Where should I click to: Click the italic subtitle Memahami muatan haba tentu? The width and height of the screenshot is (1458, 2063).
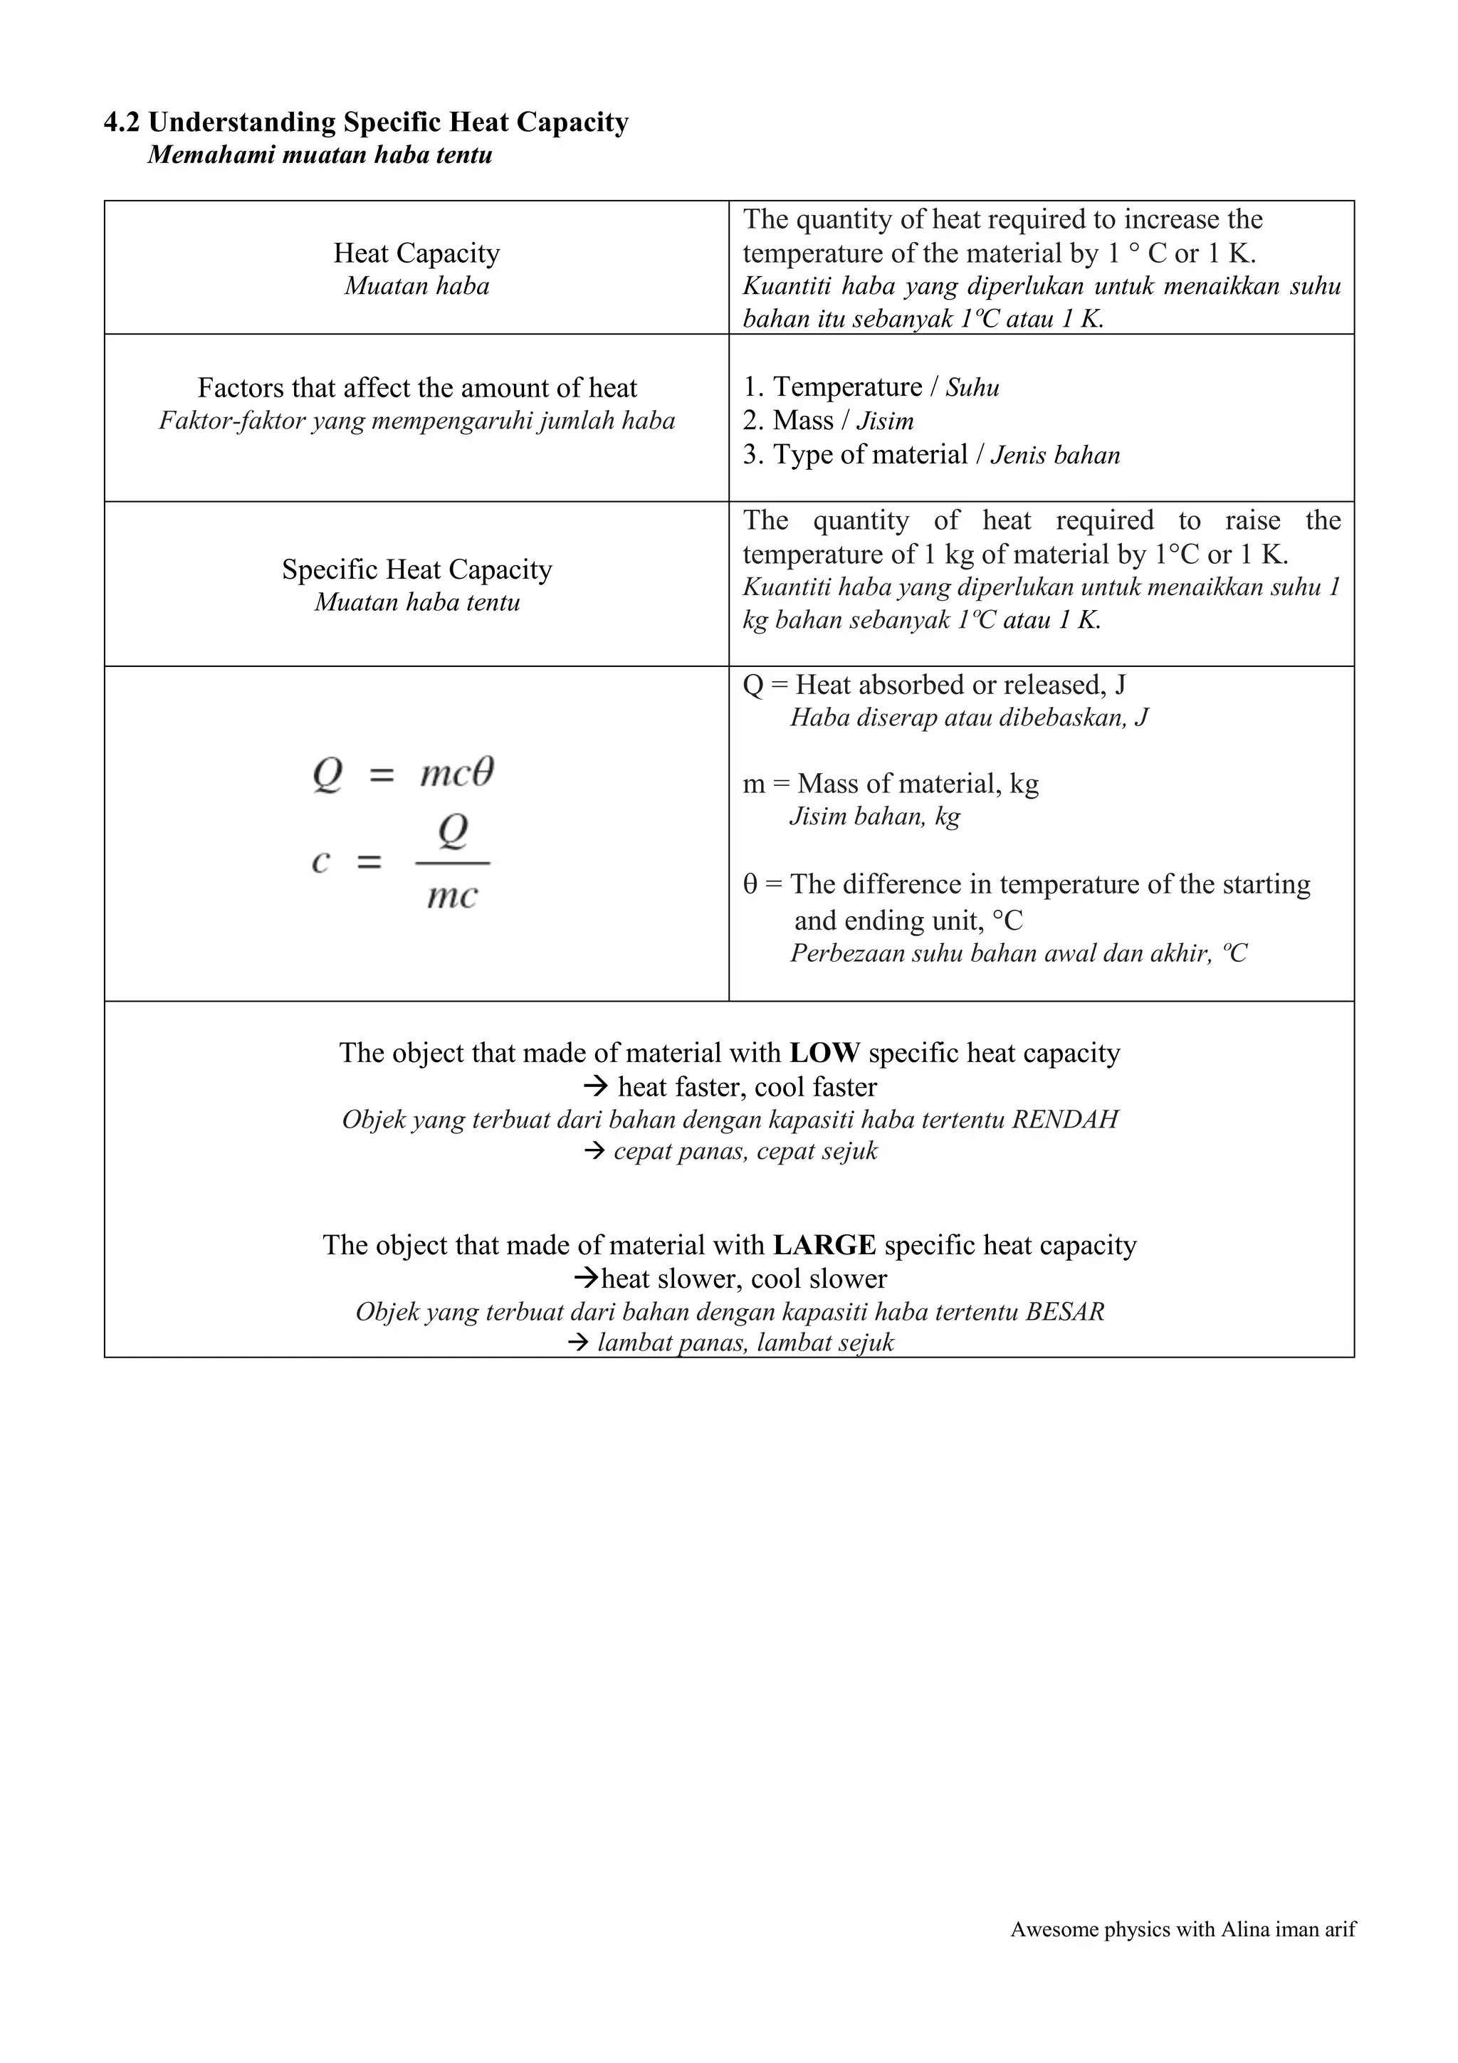coord(320,155)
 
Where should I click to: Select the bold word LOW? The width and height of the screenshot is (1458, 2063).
coord(824,1052)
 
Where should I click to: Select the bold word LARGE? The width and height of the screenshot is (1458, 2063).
coord(824,1244)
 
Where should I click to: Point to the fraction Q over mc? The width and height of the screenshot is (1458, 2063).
coord(452,863)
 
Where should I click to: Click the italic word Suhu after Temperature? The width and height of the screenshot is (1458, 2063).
coord(972,388)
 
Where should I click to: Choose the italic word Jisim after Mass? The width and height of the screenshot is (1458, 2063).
coord(885,421)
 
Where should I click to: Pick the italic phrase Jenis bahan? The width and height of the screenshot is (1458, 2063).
coord(1056,456)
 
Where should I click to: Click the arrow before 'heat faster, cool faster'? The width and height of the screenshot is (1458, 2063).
coord(596,1087)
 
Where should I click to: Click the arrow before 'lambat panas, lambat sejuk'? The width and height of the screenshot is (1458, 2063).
coord(579,1343)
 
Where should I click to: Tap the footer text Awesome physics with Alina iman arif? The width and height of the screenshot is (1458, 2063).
coord(1182,1929)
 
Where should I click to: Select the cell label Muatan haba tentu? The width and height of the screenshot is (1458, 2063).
coord(417,602)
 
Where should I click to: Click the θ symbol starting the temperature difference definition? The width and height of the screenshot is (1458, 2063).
coord(750,885)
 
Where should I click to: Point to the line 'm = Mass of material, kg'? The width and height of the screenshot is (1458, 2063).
coord(891,784)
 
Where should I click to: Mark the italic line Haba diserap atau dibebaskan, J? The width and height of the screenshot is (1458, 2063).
coord(968,718)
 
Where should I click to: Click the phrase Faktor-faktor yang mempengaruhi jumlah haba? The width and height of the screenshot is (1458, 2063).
coord(417,421)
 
